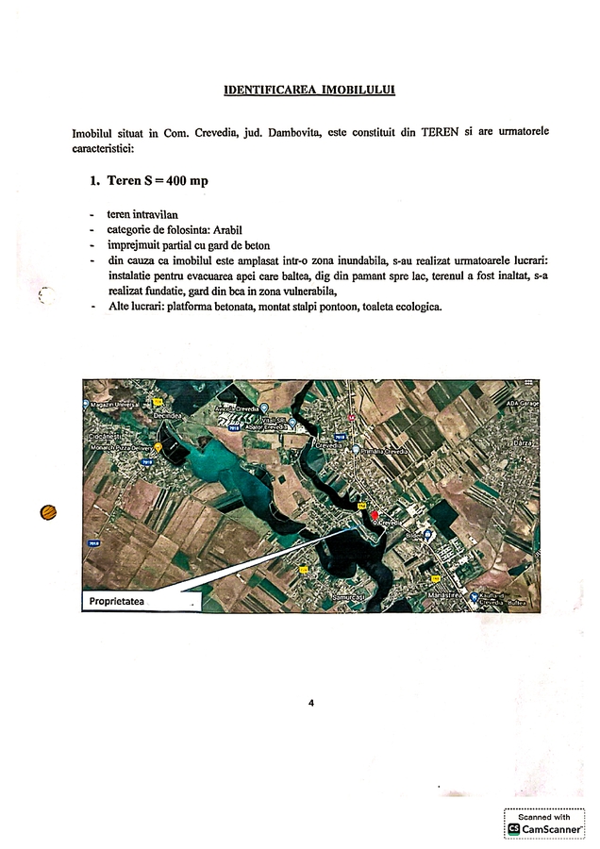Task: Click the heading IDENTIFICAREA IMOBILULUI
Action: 309,91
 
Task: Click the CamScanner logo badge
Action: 544,824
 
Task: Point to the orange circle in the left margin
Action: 48,512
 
